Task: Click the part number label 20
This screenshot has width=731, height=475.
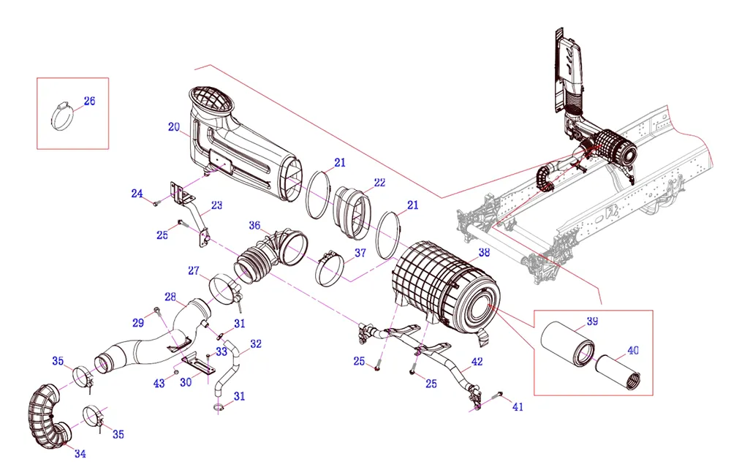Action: (173, 127)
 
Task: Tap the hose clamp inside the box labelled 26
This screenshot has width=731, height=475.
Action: (64, 115)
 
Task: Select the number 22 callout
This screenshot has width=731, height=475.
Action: (379, 182)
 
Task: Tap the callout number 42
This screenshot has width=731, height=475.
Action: (477, 361)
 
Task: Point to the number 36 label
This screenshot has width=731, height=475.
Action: (254, 225)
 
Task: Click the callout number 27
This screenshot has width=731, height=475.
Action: (193, 270)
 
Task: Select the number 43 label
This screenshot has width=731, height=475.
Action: (159, 384)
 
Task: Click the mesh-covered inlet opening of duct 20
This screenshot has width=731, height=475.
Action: (211, 102)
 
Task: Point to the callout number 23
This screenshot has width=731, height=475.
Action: (216, 205)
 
